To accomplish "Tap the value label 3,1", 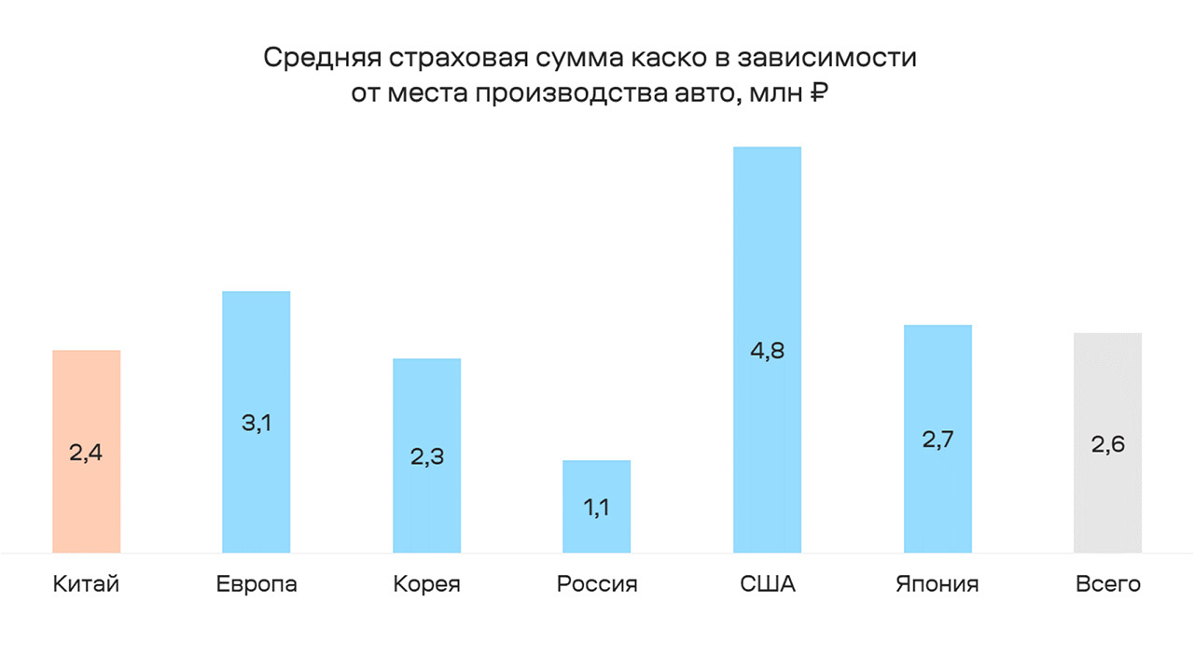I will click(x=257, y=423).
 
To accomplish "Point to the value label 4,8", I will click(x=768, y=352).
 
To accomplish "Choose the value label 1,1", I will click(x=597, y=509).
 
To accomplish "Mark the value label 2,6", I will click(x=1108, y=444).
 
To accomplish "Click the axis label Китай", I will click(x=87, y=585).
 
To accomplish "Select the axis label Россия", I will click(x=597, y=585).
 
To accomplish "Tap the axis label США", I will click(x=768, y=585).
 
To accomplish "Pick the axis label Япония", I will click(x=937, y=585).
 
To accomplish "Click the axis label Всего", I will click(x=1108, y=585).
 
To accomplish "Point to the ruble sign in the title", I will click(x=818, y=93).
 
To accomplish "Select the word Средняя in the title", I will click(x=318, y=58).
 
